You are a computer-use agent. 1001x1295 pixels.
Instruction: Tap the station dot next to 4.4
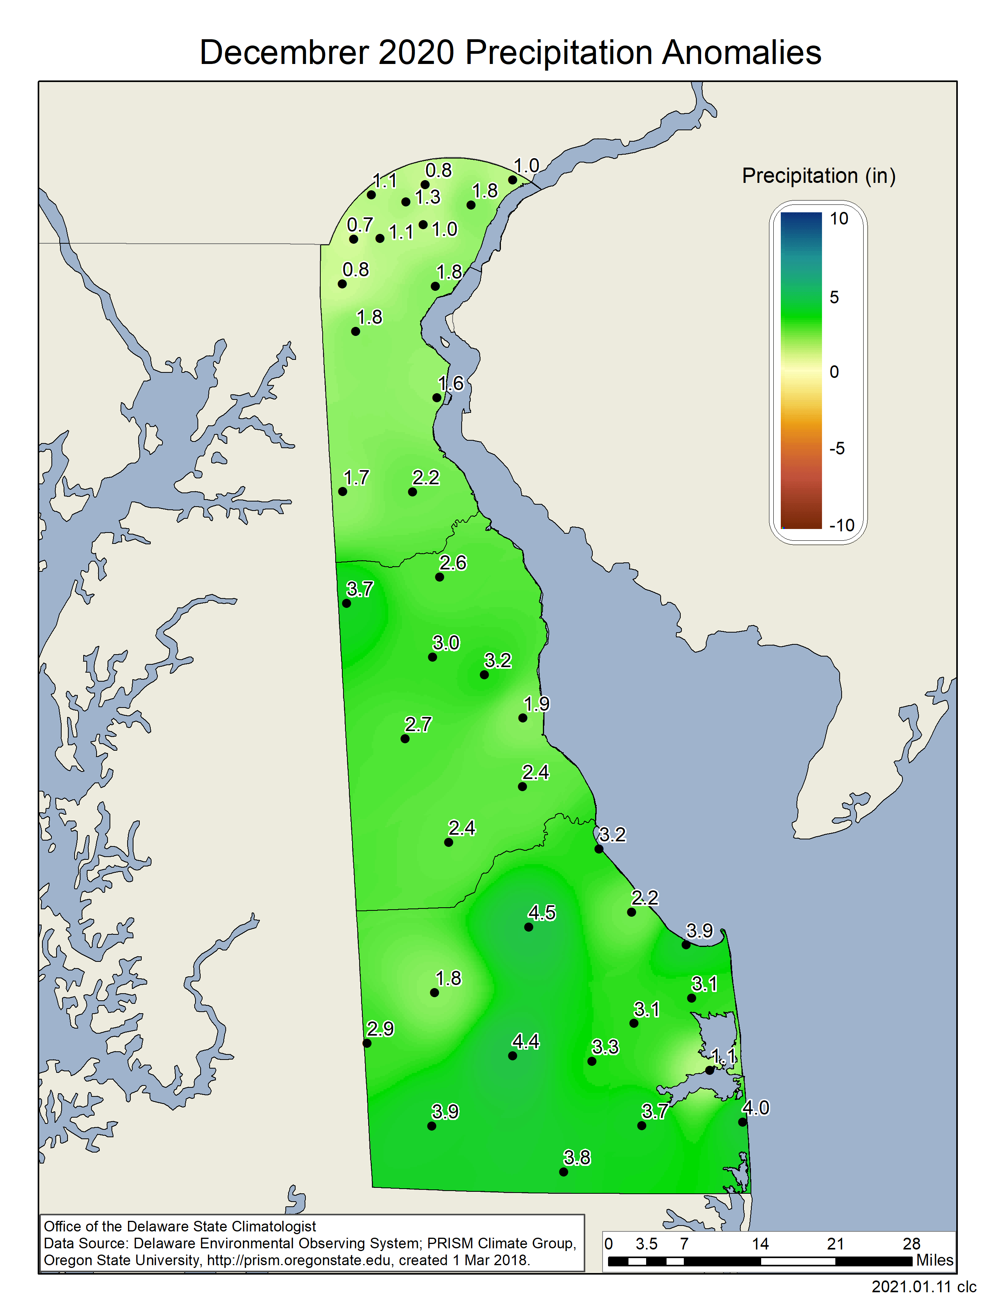[x=512, y=1056]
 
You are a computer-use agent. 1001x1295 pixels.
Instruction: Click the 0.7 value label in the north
[x=360, y=225]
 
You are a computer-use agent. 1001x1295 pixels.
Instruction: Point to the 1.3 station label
[x=427, y=197]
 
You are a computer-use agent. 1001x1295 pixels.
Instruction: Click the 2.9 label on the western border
[x=380, y=1029]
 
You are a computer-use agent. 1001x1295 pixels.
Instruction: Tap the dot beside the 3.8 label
[x=563, y=1172]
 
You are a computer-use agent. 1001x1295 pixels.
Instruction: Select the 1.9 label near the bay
[x=536, y=704]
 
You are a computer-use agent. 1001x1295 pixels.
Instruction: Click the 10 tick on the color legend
[x=838, y=219]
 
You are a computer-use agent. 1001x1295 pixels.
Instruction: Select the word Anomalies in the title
[x=741, y=52]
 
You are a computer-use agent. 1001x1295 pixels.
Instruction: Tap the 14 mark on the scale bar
[x=760, y=1244]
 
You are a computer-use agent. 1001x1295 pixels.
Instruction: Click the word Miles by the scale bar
[x=935, y=1260]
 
